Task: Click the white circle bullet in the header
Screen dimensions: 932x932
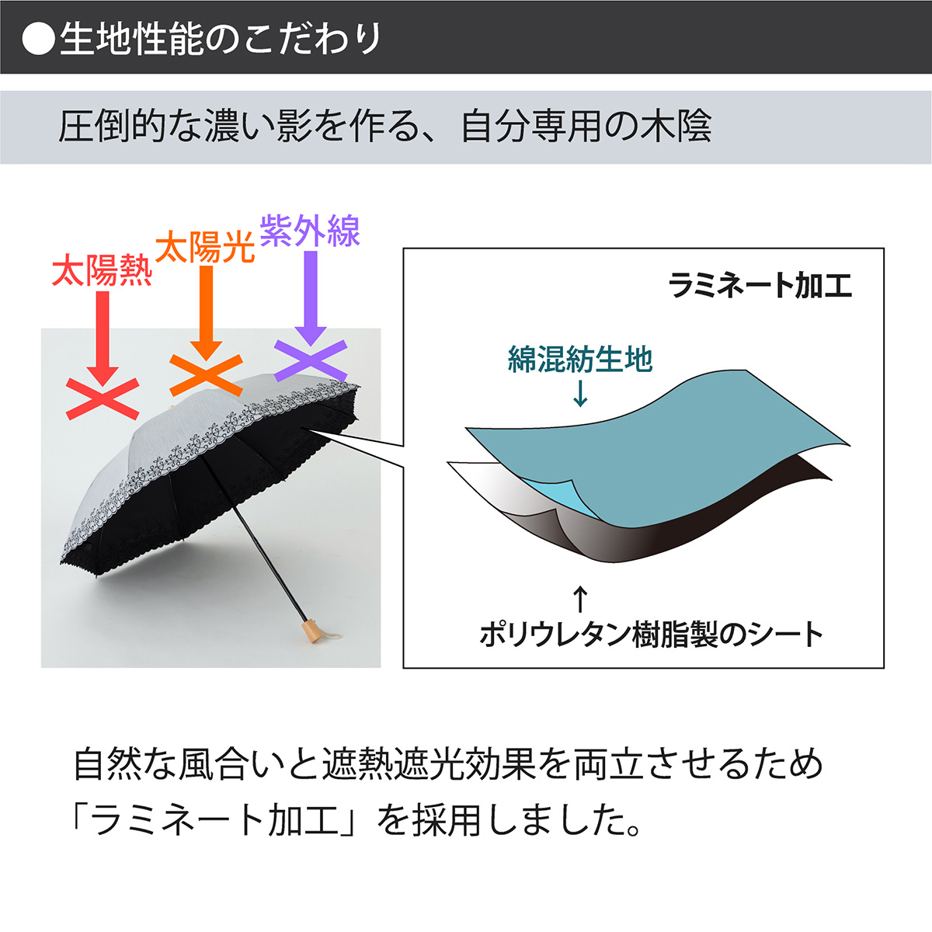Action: point(38,38)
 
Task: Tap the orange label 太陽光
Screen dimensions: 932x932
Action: point(205,247)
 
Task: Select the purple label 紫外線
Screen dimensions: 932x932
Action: point(310,231)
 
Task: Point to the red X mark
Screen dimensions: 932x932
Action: point(103,399)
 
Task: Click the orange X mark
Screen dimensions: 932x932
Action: point(206,375)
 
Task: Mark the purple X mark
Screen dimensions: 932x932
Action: point(311,361)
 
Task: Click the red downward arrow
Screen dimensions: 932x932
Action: point(103,339)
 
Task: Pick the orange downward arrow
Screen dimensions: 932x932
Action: point(206,314)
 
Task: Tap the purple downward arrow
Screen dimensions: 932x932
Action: point(311,298)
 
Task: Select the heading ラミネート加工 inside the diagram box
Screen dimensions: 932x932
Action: point(760,286)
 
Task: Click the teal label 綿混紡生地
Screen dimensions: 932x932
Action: point(580,359)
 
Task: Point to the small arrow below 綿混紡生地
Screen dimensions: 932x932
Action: point(580,394)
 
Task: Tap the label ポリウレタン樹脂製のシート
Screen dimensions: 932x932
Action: point(651,635)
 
